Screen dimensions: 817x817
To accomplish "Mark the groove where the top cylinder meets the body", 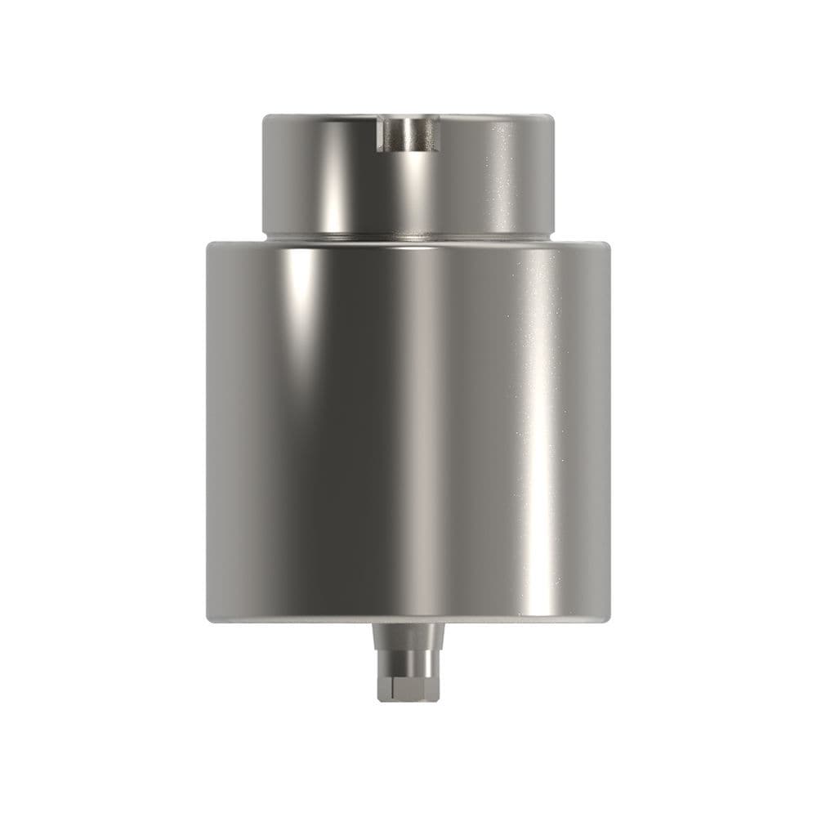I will click(x=408, y=235).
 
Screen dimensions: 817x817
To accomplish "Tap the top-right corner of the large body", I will click(x=609, y=243).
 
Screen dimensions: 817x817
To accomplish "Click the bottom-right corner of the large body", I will click(x=609, y=618).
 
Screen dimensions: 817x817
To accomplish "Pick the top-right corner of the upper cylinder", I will click(x=554, y=117).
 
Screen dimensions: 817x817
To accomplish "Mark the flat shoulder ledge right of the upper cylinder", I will click(x=582, y=242).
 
